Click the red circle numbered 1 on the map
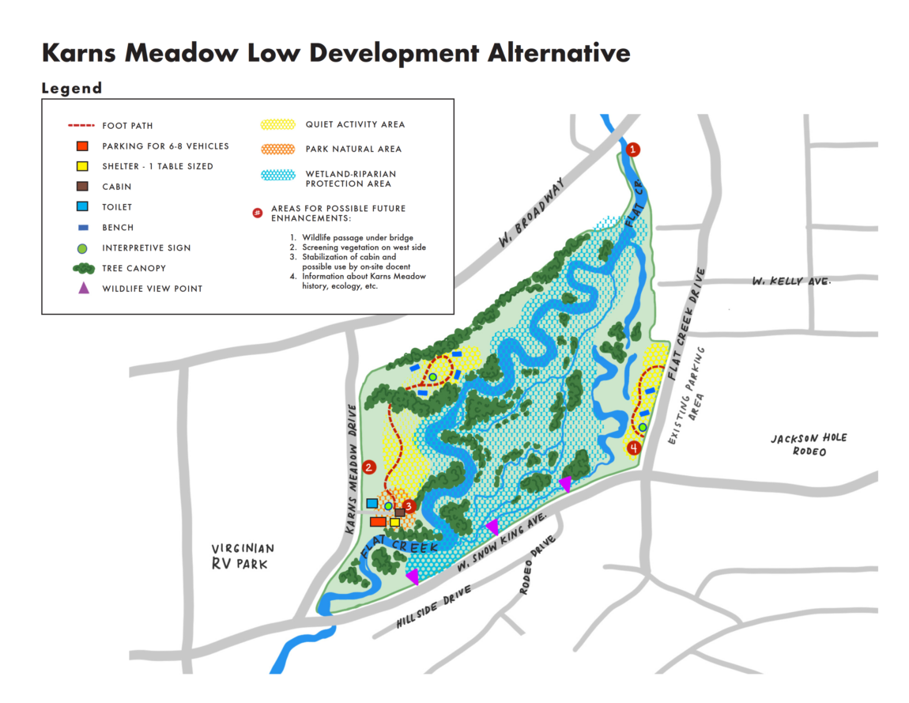[632, 149]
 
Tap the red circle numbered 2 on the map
[368, 467]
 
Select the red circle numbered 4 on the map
[633, 448]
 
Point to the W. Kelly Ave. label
[786, 282]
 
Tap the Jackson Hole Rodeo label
[798, 444]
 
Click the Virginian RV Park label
[243, 556]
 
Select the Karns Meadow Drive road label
[353, 470]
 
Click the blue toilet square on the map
[372, 503]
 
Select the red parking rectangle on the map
[378, 522]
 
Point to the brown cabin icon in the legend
[81, 187]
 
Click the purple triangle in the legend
[82, 288]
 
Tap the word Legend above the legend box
[72, 89]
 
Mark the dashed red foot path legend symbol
[81, 126]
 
